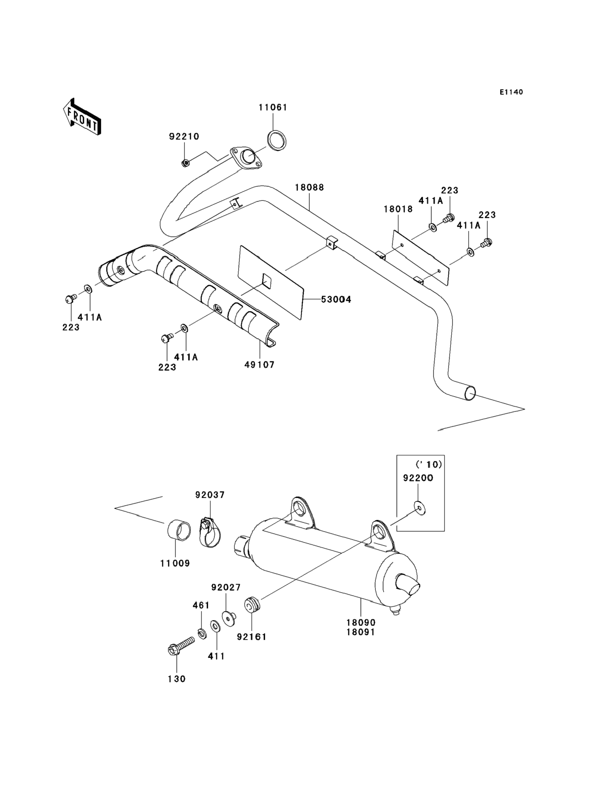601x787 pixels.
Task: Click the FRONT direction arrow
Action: click(x=82, y=117)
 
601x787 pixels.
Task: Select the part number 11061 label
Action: click(x=273, y=107)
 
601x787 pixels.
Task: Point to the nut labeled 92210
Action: click(x=185, y=163)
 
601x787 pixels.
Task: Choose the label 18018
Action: click(x=398, y=209)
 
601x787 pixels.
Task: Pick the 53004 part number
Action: click(x=336, y=300)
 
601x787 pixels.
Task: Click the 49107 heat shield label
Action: click(x=260, y=365)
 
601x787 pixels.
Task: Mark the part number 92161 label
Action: click(x=252, y=637)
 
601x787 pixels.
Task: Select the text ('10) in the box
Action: click(x=428, y=464)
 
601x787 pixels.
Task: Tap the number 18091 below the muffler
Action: click(x=360, y=632)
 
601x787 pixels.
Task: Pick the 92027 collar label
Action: click(x=226, y=587)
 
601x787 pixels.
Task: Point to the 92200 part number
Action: click(x=418, y=478)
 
